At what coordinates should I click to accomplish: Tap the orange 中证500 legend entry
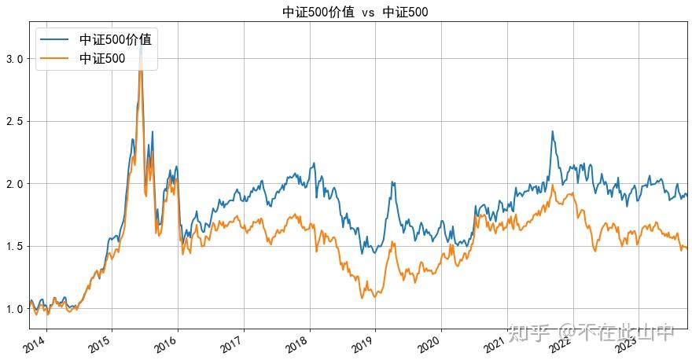(x=102, y=58)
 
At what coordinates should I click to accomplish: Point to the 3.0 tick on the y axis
(x=15, y=59)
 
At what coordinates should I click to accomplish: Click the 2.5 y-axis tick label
(x=15, y=122)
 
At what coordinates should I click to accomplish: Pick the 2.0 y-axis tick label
(x=15, y=184)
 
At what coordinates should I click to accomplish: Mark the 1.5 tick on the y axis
(x=15, y=246)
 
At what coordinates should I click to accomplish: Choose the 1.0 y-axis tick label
(x=15, y=309)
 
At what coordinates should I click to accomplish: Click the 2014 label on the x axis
(x=36, y=343)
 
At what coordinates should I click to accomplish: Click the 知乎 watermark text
(x=525, y=333)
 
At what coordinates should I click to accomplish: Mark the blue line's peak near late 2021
(x=552, y=132)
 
